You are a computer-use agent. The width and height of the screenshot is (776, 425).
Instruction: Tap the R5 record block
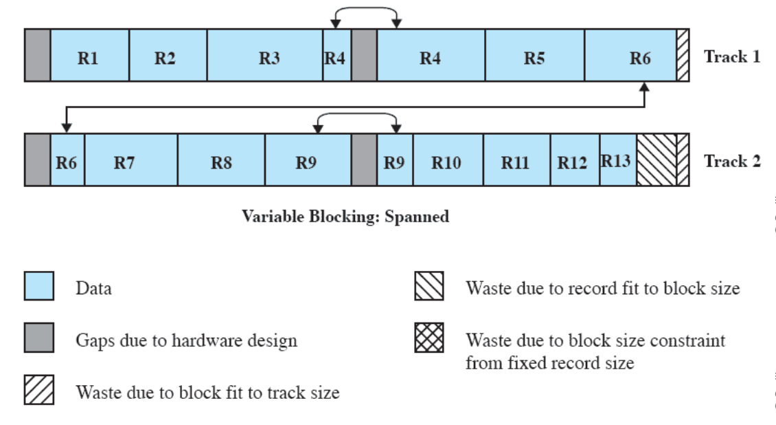534,56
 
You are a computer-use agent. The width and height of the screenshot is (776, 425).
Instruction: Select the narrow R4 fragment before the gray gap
336,56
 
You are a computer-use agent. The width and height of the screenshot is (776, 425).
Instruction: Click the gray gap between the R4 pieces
364,56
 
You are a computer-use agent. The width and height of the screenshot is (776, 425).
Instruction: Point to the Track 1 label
732,56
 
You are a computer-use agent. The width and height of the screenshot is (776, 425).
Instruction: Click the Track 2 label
732,161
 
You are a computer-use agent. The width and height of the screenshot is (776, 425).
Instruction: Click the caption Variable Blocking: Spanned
345,217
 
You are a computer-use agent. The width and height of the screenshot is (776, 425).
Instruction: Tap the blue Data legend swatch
39,286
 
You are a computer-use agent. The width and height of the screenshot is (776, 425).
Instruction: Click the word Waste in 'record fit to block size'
488,287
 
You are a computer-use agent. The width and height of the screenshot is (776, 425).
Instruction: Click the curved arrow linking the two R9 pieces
357,115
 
